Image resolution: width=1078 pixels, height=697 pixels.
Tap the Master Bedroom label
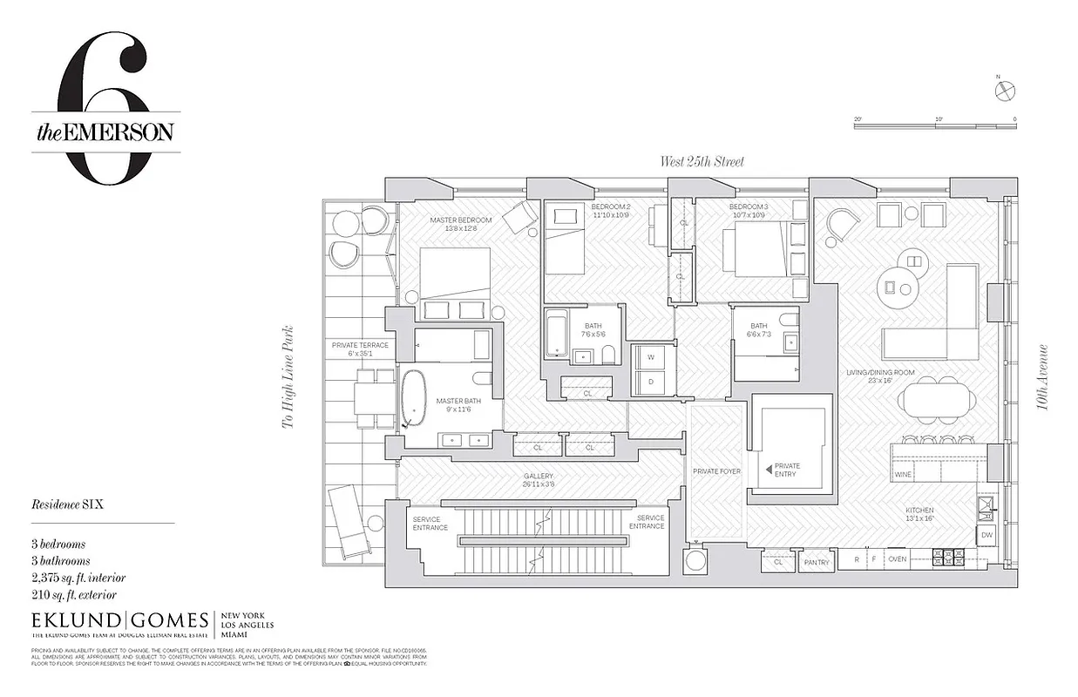460,220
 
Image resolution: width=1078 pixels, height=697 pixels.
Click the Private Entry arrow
768,470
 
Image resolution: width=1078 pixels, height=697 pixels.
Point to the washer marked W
648,357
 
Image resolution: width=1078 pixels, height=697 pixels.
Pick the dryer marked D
648,382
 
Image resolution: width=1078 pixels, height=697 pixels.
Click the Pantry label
817,563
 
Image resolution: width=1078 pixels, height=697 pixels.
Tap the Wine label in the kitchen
902,475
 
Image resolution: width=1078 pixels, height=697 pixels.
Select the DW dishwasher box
986,535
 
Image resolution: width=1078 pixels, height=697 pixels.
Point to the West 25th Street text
702,162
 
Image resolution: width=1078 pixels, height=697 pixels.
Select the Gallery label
538,477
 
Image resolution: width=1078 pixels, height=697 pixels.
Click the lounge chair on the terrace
349,522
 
